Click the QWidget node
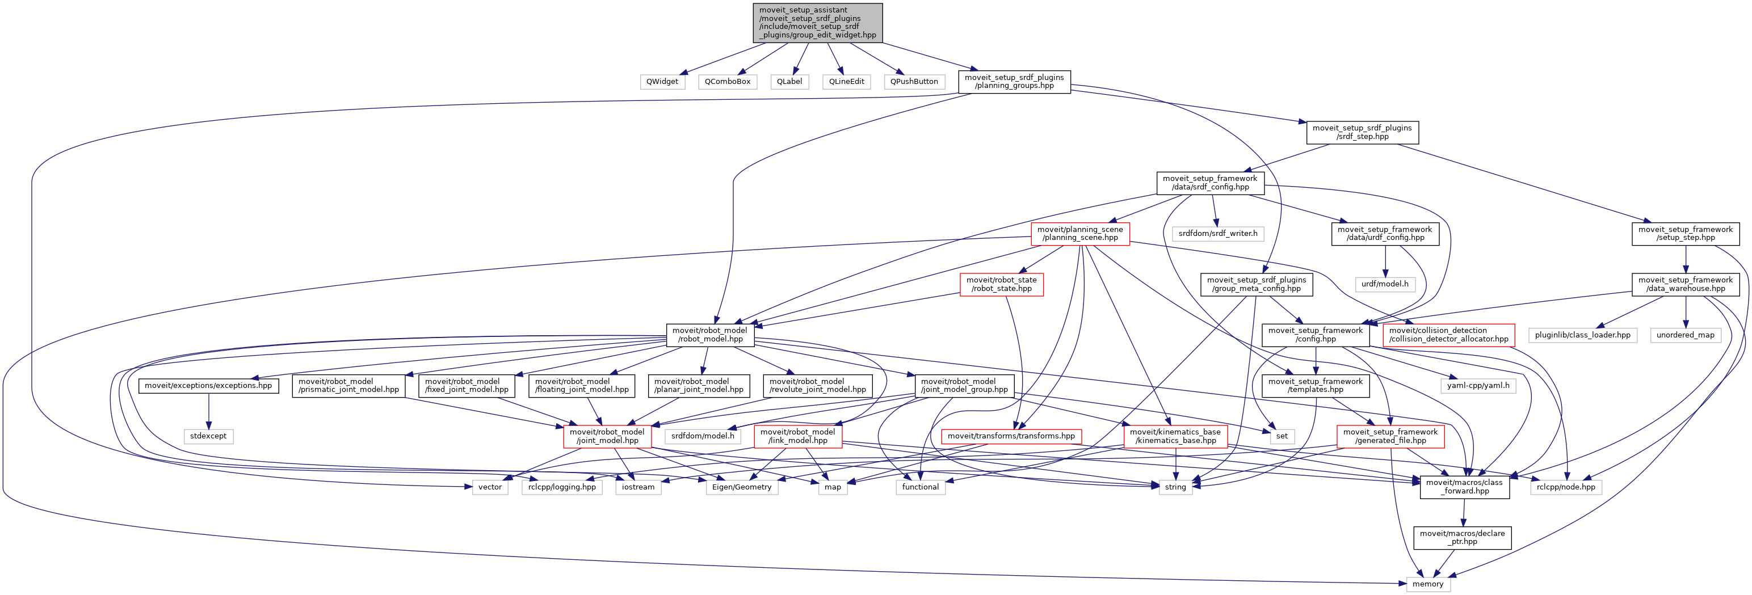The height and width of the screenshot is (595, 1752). point(662,82)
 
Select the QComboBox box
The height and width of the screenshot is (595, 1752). point(727,82)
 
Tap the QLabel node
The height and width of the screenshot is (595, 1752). point(789,82)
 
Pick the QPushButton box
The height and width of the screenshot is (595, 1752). point(914,82)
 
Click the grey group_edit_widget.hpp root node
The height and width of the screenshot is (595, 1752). point(817,23)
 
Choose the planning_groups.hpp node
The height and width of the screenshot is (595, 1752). point(1014,82)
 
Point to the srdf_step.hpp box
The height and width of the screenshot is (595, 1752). point(1362,132)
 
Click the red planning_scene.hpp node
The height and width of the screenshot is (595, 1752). point(1079,233)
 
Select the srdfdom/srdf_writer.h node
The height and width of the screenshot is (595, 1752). point(1217,233)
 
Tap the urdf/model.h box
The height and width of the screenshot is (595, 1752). point(1385,284)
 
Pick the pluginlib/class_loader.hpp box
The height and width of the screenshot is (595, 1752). point(1582,335)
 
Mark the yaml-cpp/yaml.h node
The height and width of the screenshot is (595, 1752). point(1478,386)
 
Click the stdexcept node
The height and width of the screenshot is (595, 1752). point(208,436)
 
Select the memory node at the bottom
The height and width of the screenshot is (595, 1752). point(1427,584)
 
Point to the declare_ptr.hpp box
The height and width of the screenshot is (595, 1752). point(1461,537)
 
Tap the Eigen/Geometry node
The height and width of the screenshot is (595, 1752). point(741,487)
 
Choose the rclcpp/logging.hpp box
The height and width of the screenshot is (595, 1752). point(562,487)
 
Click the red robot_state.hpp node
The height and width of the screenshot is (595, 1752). point(1001,284)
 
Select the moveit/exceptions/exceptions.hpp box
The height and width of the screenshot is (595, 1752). point(208,386)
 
